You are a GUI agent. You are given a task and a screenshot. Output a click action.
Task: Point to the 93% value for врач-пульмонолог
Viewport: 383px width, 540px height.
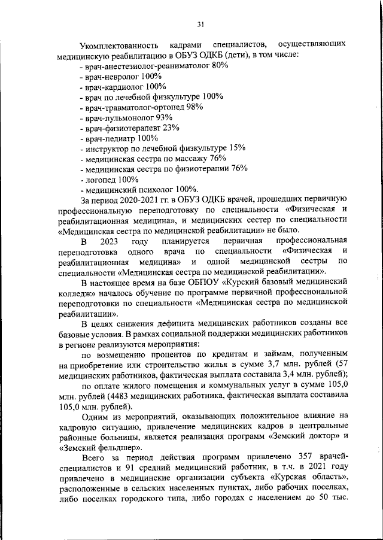pyautogui.click(x=164, y=117)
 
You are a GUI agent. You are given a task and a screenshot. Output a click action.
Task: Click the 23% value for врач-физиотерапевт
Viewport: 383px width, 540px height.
pyautogui.click(x=171, y=128)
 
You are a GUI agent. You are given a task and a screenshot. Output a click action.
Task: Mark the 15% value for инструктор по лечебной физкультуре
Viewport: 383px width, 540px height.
pyautogui.click(x=237, y=148)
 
